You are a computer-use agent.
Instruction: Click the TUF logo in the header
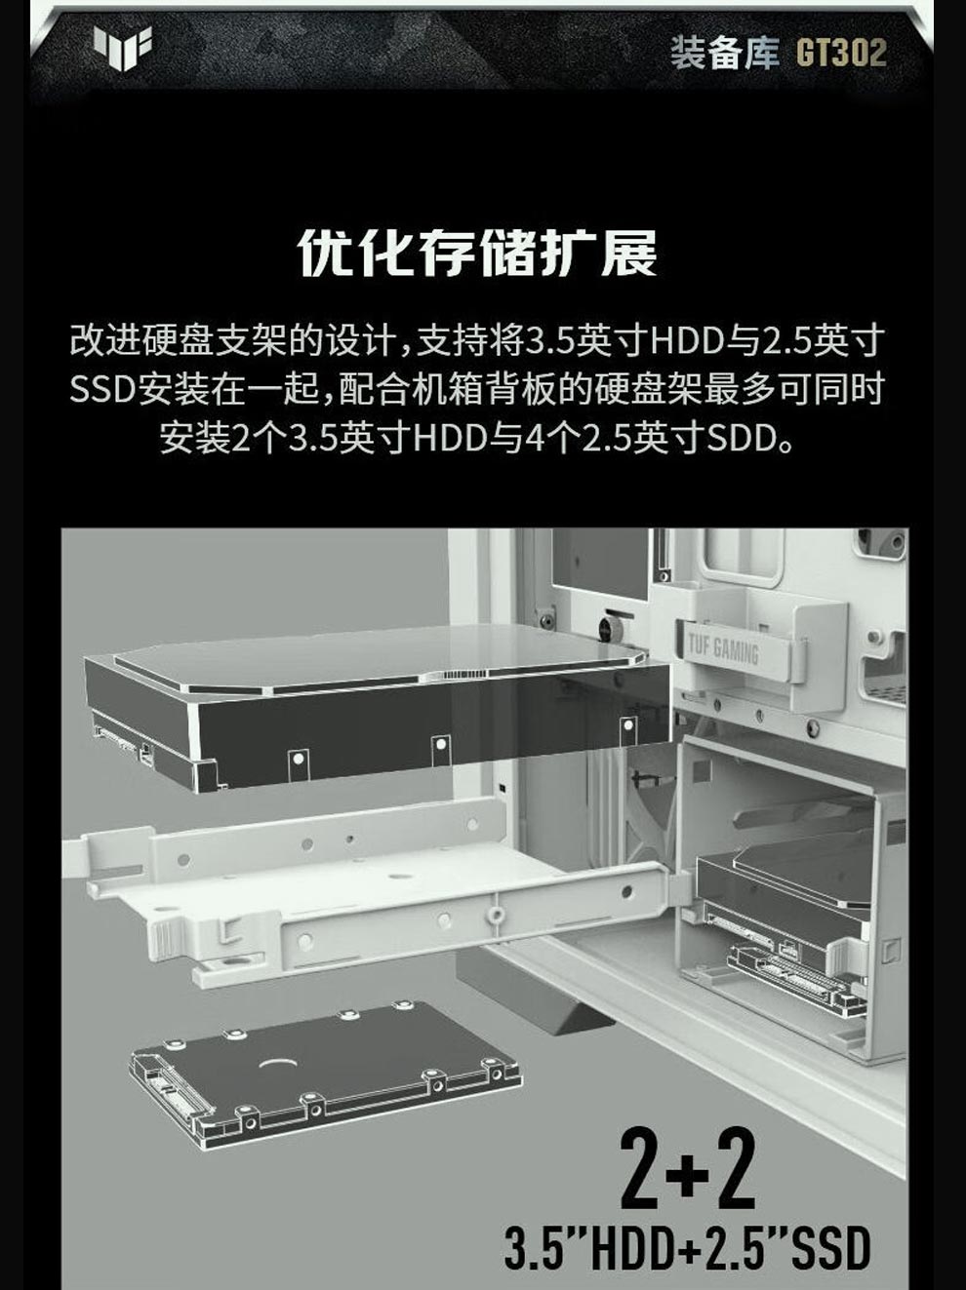pyautogui.click(x=122, y=48)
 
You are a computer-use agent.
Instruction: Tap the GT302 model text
pyautogui.click(x=841, y=53)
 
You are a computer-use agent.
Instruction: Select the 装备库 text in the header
pyautogui.click(x=724, y=53)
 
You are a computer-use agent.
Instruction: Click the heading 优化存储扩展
pyautogui.click(x=477, y=253)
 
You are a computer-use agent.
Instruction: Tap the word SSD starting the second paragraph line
pyautogui.click(x=103, y=389)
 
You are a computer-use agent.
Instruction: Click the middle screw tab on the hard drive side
pyautogui.click(x=441, y=749)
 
